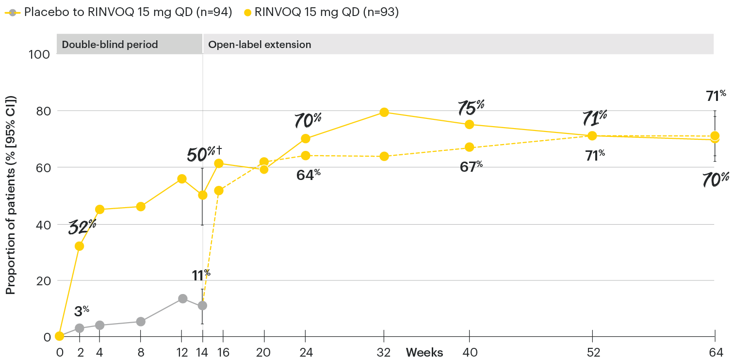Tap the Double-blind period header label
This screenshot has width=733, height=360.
click(x=110, y=45)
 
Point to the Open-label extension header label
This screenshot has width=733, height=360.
click(x=260, y=45)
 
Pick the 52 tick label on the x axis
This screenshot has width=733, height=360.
click(x=592, y=353)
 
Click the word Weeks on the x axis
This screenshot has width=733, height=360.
click(x=424, y=353)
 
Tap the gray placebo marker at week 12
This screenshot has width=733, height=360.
click(x=182, y=298)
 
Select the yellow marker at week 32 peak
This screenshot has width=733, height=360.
click(x=384, y=112)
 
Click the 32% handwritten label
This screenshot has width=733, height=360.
click(x=82, y=227)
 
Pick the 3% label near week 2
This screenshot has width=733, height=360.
click(x=81, y=311)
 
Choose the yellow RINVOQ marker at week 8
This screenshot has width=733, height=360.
click(x=141, y=206)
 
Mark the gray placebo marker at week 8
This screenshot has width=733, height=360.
click(x=141, y=321)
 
